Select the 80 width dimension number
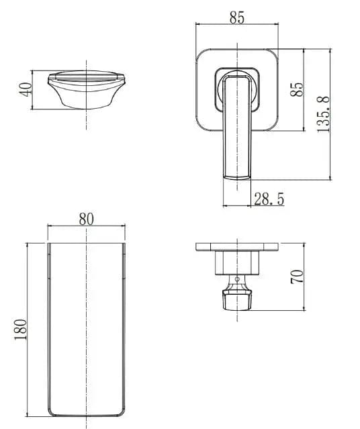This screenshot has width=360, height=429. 86,219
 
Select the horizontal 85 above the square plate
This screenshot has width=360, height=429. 236,18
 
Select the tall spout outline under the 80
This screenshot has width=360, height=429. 87,329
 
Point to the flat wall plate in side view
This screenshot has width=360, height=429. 236,247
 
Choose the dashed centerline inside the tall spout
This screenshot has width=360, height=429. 87,302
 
